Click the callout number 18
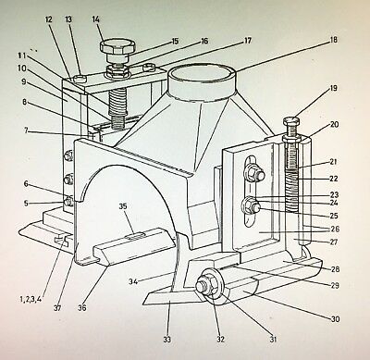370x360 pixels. coord(333,40)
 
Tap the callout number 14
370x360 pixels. coord(96,19)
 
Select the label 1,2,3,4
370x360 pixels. coord(31,299)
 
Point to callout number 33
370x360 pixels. coord(167,340)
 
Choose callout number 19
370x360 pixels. coord(333,89)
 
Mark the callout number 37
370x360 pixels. coord(57,308)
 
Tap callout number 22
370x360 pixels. coord(334,179)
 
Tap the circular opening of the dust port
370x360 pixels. coord(202,76)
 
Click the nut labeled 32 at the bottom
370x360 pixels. coord(203,284)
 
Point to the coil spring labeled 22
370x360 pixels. coord(292,192)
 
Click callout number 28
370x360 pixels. coord(335,269)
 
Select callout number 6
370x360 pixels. coord(26,184)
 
